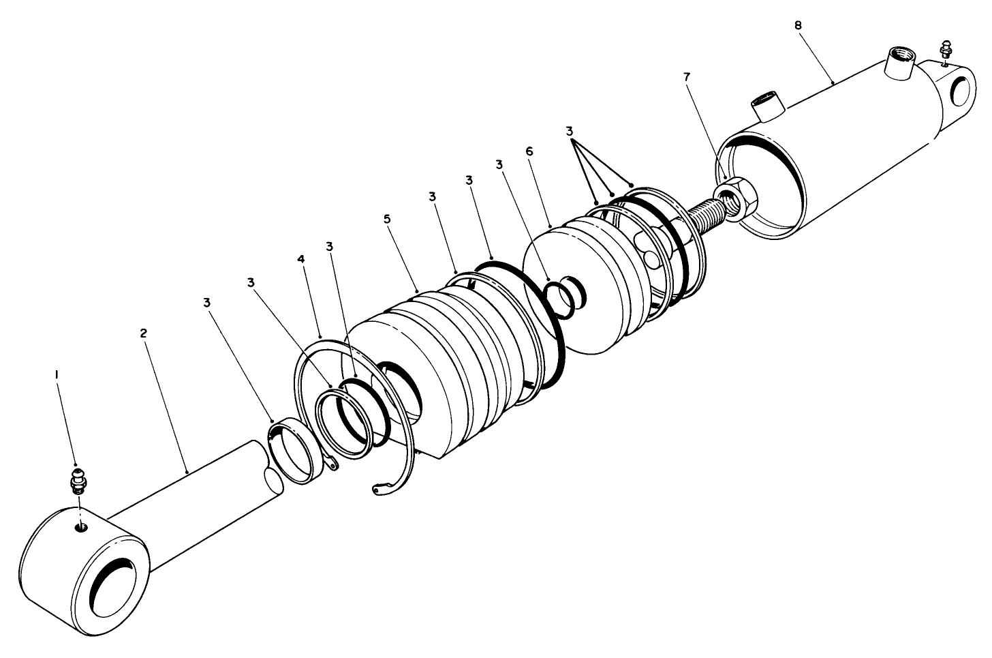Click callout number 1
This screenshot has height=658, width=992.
(57, 374)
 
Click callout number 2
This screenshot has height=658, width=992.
(143, 333)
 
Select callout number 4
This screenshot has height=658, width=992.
(302, 259)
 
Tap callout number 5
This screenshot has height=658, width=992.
(388, 220)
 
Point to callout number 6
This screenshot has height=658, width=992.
(529, 151)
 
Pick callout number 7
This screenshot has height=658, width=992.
(687, 77)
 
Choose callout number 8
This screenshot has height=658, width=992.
(798, 25)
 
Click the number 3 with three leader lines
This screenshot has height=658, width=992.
(570, 130)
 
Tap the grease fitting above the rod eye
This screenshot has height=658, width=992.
(79, 481)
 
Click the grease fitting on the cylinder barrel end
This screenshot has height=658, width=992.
(944, 50)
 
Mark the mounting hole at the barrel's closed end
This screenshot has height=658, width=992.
(960, 91)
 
